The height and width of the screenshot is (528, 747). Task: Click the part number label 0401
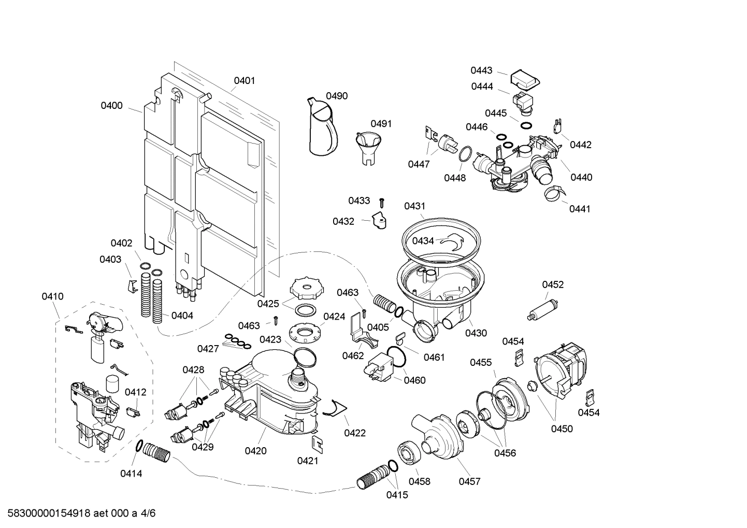[244, 80]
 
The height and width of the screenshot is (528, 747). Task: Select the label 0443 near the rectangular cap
[481, 70]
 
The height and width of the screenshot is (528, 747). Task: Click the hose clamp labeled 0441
[552, 194]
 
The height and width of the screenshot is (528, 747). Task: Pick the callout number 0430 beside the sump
[476, 333]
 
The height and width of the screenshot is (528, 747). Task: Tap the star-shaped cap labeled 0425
[304, 289]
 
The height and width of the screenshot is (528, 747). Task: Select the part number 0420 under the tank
[255, 451]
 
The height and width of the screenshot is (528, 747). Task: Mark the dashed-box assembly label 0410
[52, 296]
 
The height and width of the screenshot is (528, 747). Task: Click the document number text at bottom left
[78, 513]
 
